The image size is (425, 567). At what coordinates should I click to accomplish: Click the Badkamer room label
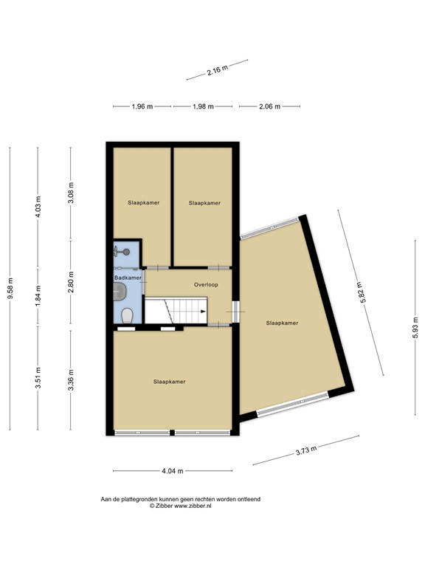point(128,278)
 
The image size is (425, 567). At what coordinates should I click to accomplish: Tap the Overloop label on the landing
point(206,284)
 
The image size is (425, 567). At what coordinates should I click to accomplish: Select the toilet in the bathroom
point(128,315)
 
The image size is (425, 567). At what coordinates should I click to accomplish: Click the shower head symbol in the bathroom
point(127,252)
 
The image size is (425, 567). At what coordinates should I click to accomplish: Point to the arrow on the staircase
point(202,312)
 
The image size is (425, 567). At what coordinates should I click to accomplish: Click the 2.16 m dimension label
point(216,72)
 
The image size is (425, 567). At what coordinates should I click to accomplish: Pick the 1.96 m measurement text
point(142,106)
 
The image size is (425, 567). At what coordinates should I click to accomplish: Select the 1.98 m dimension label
point(203,106)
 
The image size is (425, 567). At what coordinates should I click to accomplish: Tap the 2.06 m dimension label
point(270,106)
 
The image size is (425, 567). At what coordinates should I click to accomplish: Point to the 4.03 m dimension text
point(38,205)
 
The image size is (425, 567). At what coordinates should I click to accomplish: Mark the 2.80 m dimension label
point(71,283)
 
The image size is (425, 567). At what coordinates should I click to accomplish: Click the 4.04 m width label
point(172,471)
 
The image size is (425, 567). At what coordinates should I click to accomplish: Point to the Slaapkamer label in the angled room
point(282,323)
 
